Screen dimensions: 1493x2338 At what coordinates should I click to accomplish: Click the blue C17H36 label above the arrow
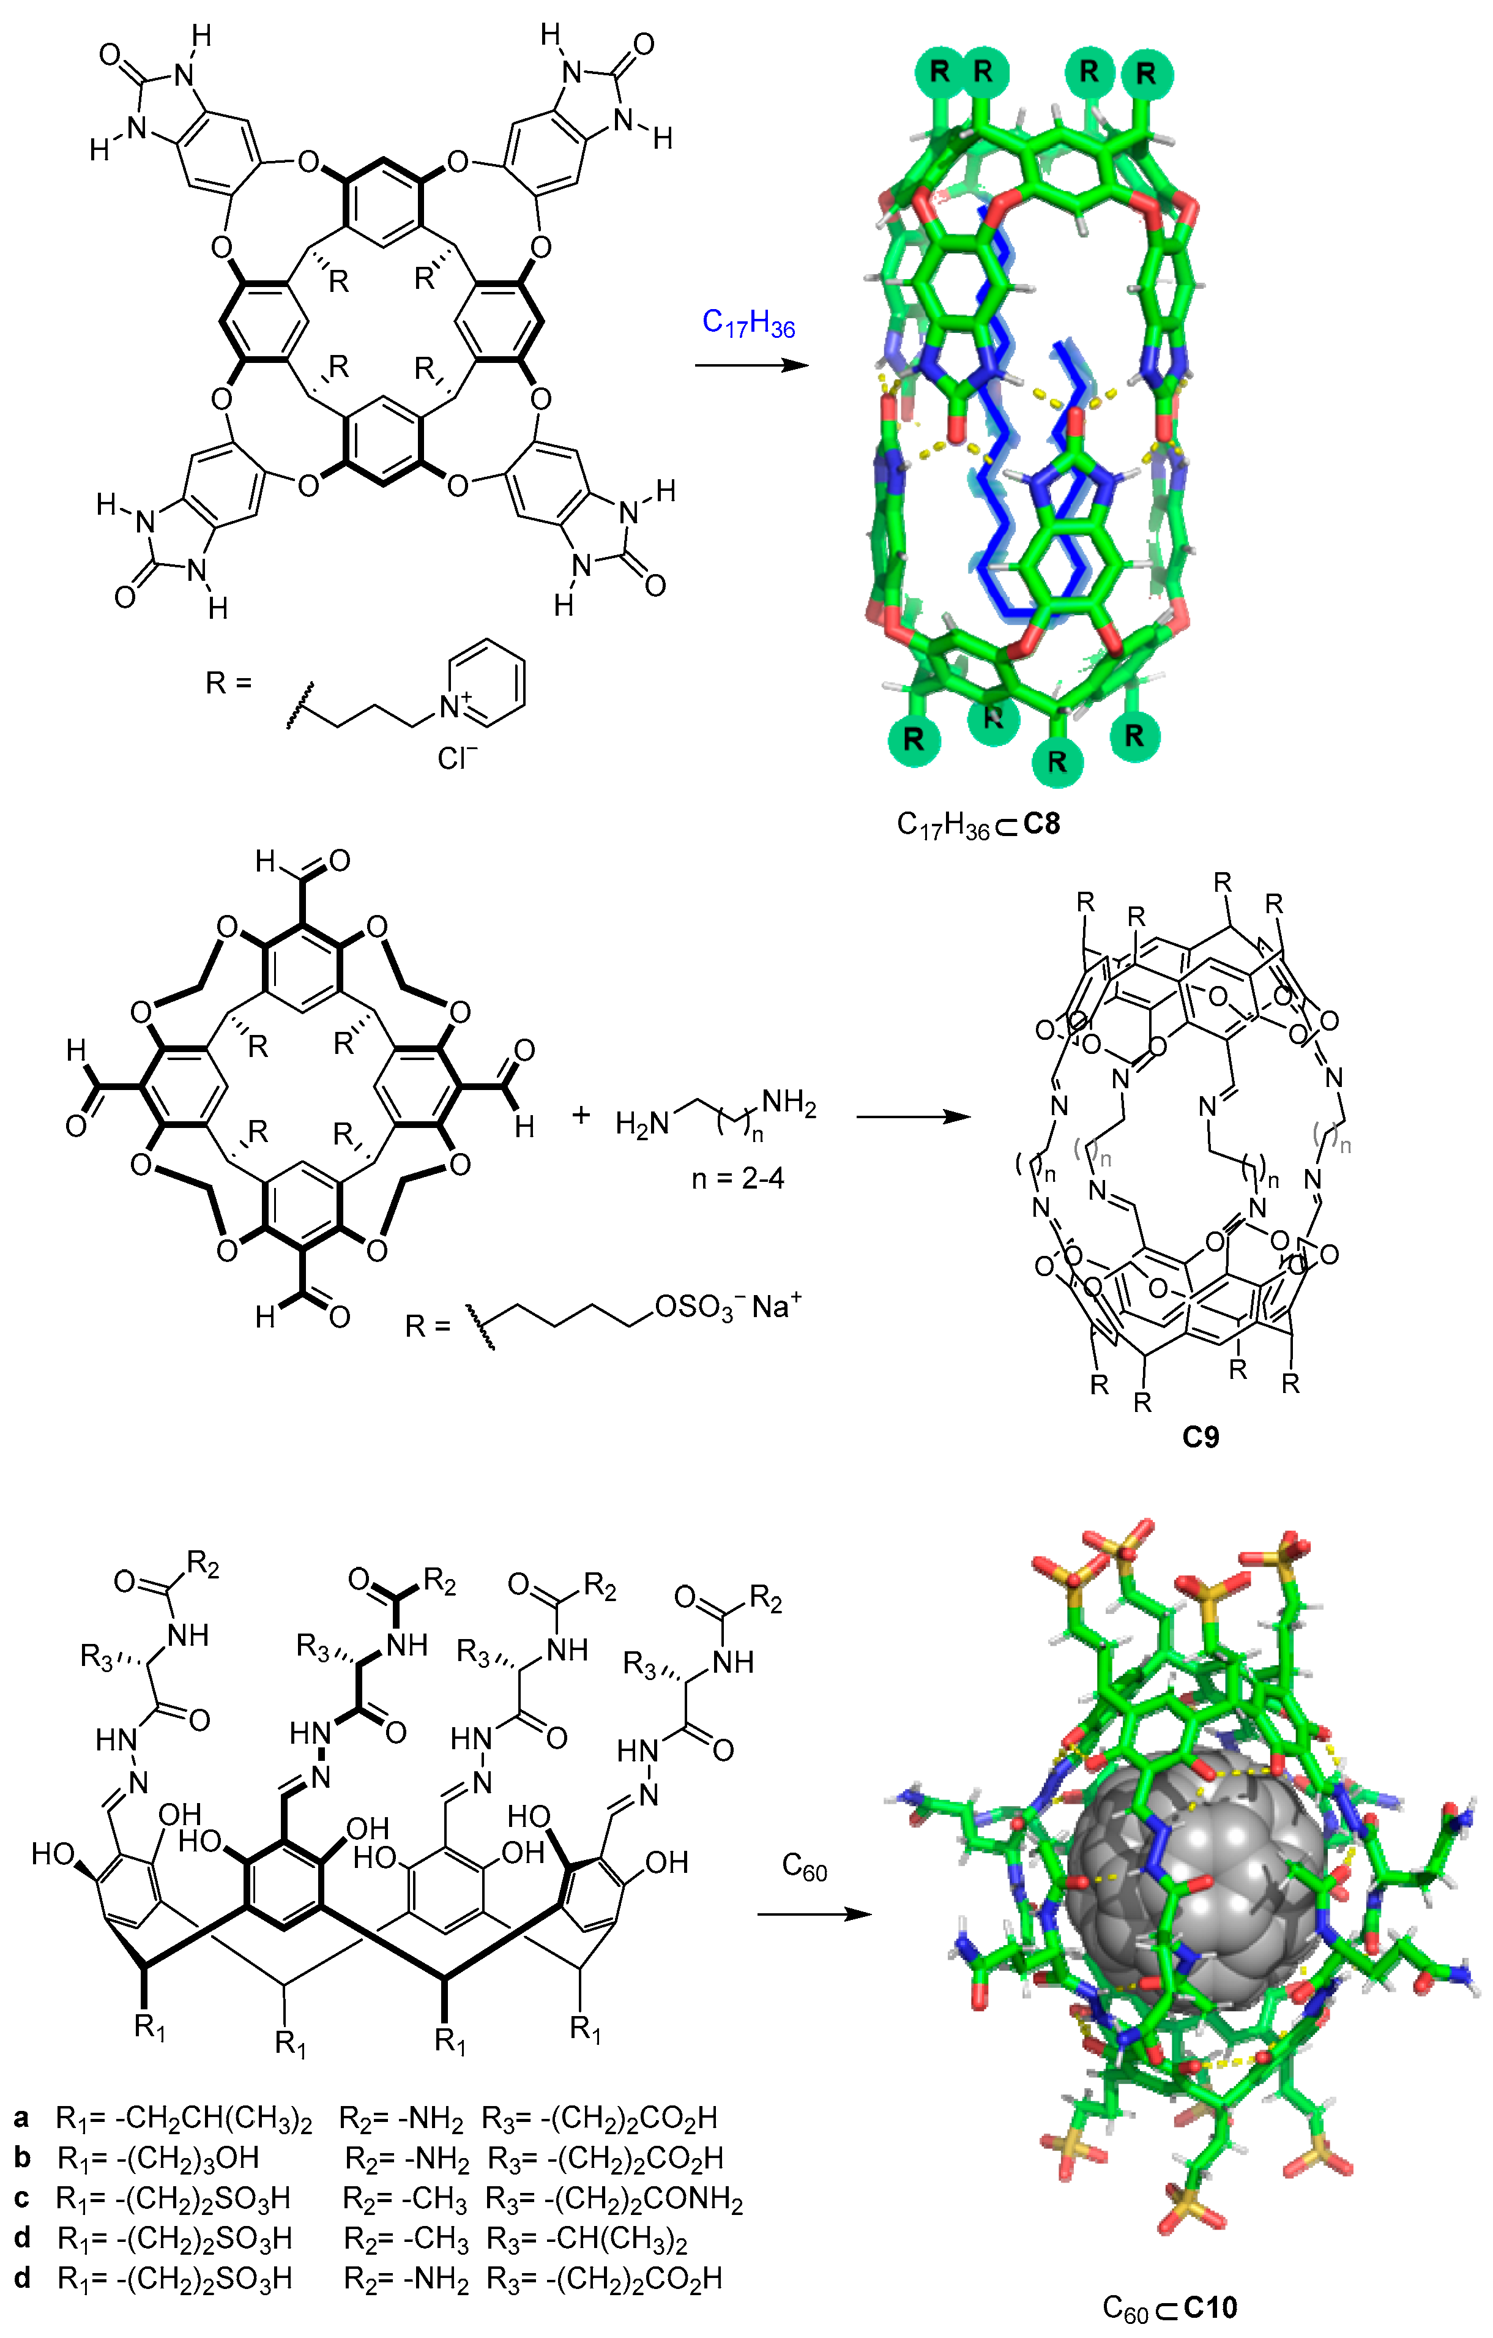pyautogui.click(x=748, y=323)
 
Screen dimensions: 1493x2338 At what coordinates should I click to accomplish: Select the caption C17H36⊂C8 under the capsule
pyautogui.click(x=978, y=825)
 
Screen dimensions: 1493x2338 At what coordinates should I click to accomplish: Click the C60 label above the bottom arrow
pyautogui.click(x=804, y=1866)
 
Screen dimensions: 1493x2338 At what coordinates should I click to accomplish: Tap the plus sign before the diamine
pyautogui.click(x=581, y=1115)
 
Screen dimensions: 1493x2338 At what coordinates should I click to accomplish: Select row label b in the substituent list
pyautogui.click(x=22, y=2157)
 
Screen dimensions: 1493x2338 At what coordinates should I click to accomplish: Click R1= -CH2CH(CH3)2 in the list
pyautogui.click(x=184, y=2118)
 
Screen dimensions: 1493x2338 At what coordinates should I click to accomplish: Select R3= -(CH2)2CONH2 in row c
pyautogui.click(x=614, y=2198)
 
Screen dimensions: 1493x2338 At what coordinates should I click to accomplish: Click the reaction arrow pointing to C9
pyautogui.click(x=912, y=1116)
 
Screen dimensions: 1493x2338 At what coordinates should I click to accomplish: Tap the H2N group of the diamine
pyautogui.click(x=642, y=1123)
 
